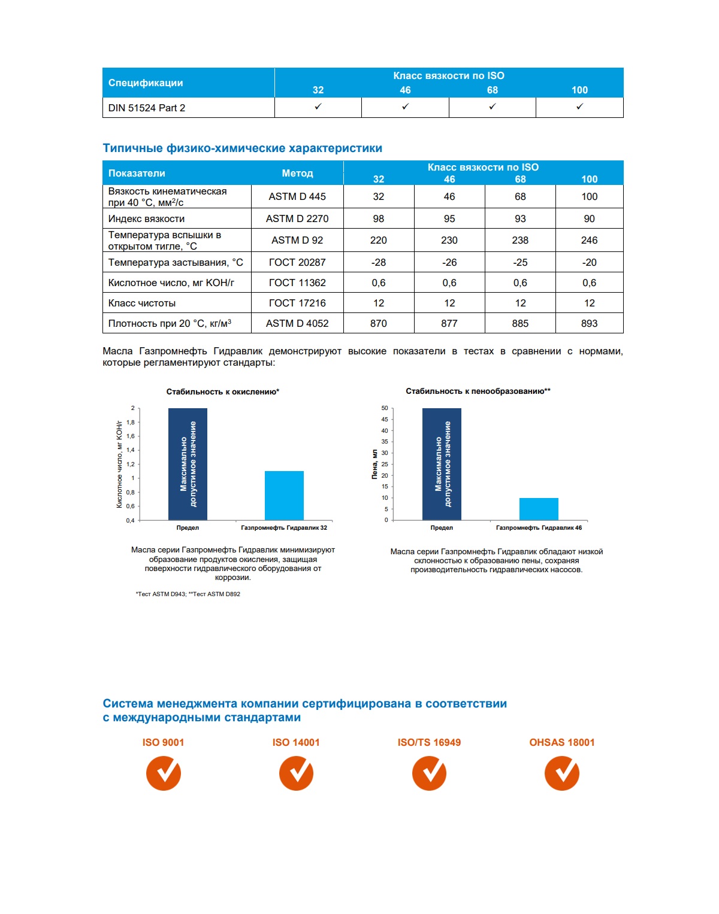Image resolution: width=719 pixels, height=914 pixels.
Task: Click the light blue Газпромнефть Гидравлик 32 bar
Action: coord(284,496)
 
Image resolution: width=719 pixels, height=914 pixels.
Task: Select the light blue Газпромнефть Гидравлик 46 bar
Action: coord(539,509)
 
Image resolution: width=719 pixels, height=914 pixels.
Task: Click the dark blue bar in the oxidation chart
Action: coord(188,464)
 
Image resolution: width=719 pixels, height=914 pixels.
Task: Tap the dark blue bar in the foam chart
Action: coord(442,464)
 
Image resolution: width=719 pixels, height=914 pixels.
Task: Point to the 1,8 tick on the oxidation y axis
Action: coord(131,422)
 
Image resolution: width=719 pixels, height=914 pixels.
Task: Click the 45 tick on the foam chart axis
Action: coord(385,419)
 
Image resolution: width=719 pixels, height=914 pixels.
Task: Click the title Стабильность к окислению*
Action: coord(223,391)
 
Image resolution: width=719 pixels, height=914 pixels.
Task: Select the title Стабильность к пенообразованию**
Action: coord(478,391)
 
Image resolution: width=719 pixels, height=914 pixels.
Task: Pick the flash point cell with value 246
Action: coord(589,240)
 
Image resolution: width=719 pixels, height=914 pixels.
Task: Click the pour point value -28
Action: coord(378,262)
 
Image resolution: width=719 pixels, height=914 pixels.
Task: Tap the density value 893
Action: coord(589,323)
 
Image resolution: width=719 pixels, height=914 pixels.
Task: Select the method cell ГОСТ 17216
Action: coord(297,303)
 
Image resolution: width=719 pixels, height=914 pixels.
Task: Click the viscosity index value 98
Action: coord(378,218)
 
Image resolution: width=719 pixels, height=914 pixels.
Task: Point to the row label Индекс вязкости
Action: coord(147,218)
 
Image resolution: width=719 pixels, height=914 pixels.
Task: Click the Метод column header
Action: coord(297,173)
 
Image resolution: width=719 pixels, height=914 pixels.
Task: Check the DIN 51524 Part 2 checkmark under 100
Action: coord(579,107)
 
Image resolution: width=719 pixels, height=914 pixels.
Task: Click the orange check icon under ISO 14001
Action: coord(296,773)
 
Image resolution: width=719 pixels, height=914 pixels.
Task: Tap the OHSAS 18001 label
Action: coord(562,742)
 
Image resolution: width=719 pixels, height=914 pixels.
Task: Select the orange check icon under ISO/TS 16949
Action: coord(429,773)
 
